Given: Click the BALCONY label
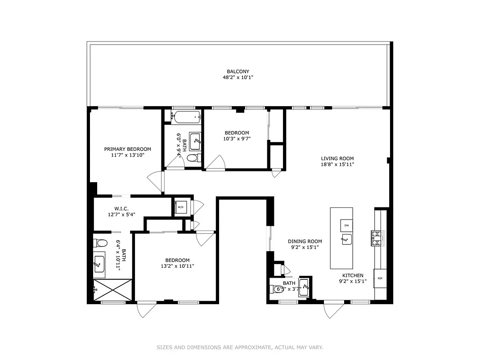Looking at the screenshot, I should pyautogui.click(x=238, y=72).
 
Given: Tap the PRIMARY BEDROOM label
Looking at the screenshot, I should pyautogui.click(x=128, y=149).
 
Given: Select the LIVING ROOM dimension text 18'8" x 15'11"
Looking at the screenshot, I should pyautogui.click(x=337, y=165).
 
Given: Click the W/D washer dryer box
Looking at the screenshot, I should pyautogui.click(x=181, y=207).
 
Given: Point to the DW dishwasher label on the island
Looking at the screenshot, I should pyautogui.click(x=346, y=225).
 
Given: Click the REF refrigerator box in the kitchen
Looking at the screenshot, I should pyautogui.click(x=380, y=278).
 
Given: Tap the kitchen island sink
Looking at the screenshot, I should pyautogui.click(x=346, y=239).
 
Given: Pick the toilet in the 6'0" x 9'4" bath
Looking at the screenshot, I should pyautogui.click(x=193, y=158).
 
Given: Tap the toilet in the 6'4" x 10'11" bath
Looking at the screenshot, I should pyautogui.click(x=101, y=243).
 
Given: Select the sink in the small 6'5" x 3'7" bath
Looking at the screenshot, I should pyautogui.click(x=304, y=286).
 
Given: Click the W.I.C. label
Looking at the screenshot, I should pyautogui.click(x=121, y=208).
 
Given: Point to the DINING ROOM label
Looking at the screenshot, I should pyautogui.click(x=305, y=241).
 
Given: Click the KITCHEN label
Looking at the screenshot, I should pyautogui.click(x=353, y=275).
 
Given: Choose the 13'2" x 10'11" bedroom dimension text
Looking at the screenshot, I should pyautogui.click(x=177, y=266).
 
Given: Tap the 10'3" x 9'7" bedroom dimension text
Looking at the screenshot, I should pyautogui.click(x=237, y=139).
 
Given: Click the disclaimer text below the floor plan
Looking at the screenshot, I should pyautogui.click(x=240, y=347).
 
